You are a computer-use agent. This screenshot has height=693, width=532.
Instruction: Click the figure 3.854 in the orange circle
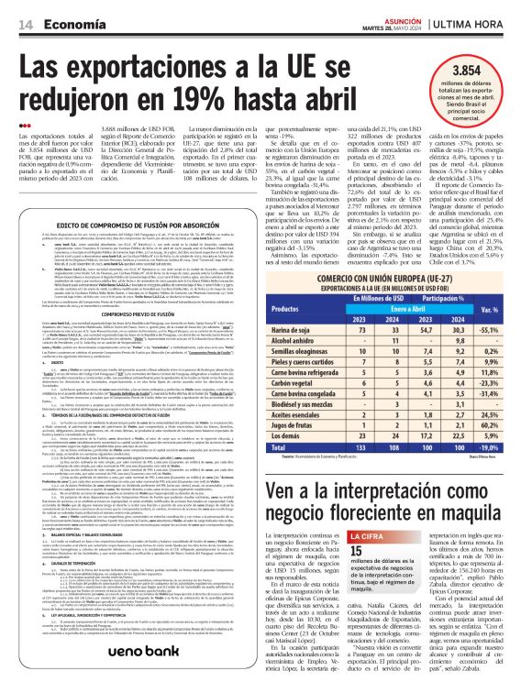[x=482, y=71]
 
